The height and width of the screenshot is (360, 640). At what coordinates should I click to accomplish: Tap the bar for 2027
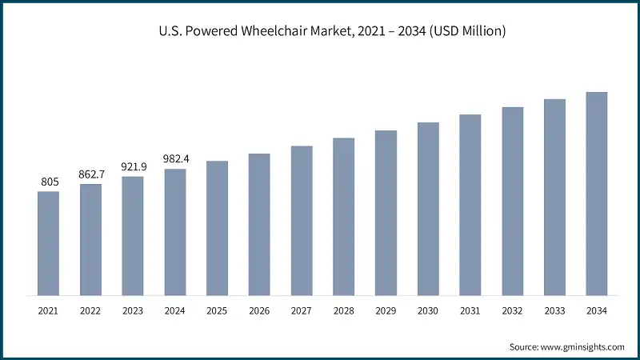[302, 221]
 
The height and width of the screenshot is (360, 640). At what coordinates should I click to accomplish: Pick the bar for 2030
[428, 209]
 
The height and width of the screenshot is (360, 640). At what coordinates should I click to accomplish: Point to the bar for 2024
[175, 232]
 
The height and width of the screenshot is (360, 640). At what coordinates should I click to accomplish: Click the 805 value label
[49, 182]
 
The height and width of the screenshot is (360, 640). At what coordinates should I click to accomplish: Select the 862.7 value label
[91, 175]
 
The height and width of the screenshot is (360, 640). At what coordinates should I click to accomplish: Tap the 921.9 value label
[133, 167]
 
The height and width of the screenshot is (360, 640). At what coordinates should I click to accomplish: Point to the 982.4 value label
[175, 159]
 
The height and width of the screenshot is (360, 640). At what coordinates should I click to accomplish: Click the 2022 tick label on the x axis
[91, 310]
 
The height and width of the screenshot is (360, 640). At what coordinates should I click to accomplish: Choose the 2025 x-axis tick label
[217, 310]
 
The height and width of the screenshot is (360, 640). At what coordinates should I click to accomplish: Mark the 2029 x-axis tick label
[386, 310]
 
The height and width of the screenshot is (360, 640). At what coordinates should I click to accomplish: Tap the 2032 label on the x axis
[512, 310]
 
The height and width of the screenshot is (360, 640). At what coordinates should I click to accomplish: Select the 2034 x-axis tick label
[597, 310]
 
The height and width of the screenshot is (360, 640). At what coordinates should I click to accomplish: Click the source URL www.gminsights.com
[582, 347]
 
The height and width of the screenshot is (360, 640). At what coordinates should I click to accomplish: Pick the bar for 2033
[554, 197]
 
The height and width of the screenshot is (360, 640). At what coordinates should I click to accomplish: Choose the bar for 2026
[259, 224]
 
